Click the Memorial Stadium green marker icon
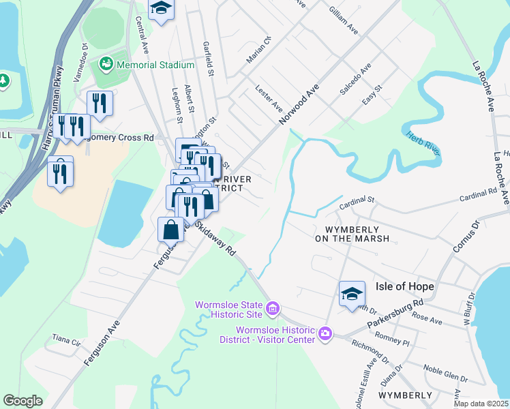pos(106,65)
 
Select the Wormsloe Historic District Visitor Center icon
pos(325,333)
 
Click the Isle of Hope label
pos(404,286)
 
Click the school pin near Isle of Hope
pos(352,294)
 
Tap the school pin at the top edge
pos(162,9)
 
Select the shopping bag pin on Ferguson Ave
pos(170,230)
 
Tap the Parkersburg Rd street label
pos(395,312)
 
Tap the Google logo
pos(23,401)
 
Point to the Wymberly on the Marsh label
pos(352,234)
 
